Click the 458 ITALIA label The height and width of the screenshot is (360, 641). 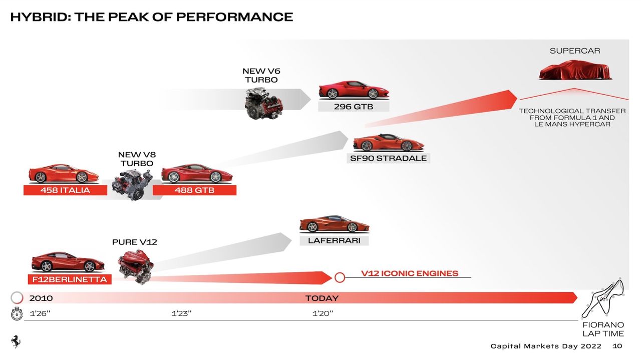[65, 190]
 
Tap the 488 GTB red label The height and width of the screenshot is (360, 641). [194, 190]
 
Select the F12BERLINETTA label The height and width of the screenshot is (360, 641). [70, 279]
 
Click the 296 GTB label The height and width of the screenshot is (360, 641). [353, 107]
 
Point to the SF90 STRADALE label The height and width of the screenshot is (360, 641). [388, 158]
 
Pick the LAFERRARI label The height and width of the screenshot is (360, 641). [334, 240]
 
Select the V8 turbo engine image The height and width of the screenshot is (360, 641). [132, 184]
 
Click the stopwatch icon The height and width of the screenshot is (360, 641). [17, 314]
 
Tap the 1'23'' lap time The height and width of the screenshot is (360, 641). [181, 314]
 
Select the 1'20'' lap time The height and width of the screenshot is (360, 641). [323, 314]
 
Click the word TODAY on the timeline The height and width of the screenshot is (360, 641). [322, 298]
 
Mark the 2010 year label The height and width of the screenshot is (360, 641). [41, 298]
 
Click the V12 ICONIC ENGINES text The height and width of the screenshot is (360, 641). [409, 273]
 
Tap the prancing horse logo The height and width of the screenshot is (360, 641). [16, 341]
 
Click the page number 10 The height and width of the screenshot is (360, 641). [617, 346]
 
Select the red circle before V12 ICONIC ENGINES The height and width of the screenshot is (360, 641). [339, 277]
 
